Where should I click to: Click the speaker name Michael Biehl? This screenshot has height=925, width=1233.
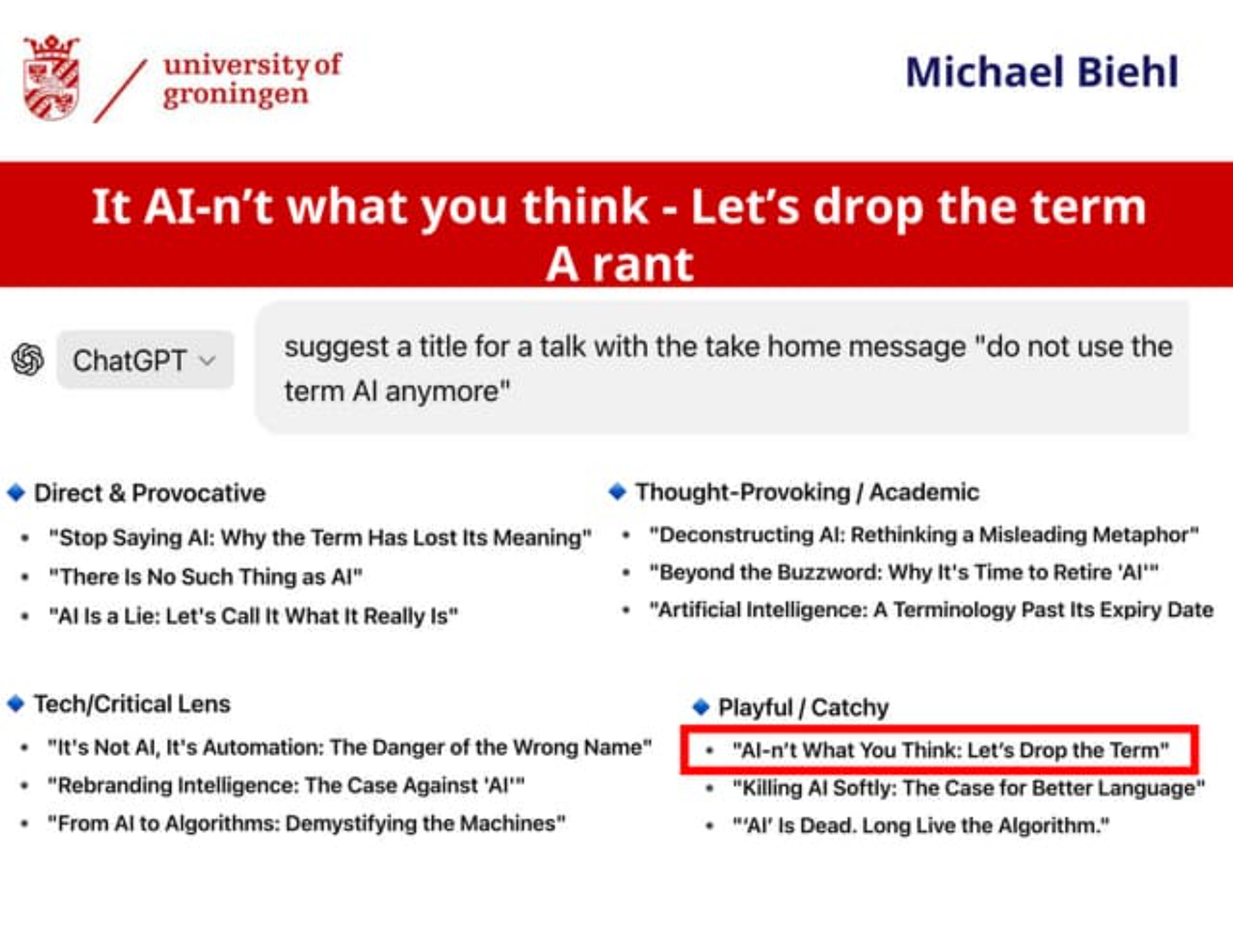click(x=1042, y=72)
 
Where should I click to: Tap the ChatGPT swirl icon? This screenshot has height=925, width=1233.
click(x=28, y=360)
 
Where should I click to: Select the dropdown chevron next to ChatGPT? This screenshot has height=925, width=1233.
click(x=208, y=360)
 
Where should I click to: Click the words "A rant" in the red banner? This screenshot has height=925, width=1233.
click(x=620, y=264)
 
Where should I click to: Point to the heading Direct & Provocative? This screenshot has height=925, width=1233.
click(x=150, y=493)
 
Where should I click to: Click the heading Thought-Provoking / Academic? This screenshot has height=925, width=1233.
click(x=807, y=492)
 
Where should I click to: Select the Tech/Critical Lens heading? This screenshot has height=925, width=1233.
click(x=132, y=704)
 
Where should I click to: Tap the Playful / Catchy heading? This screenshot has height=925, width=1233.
click(x=803, y=707)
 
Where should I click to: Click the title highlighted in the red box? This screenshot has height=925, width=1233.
click(x=951, y=750)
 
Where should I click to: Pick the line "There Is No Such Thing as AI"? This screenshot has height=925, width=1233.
click(x=206, y=577)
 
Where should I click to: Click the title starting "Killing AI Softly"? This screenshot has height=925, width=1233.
click(x=969, y=787)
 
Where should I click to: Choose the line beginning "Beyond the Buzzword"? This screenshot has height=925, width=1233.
click(x=904, y=572)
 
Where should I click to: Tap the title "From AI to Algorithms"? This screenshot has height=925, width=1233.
click(x=307, y=823)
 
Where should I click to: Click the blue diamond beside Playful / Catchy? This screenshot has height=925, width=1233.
click(x=701, y=707)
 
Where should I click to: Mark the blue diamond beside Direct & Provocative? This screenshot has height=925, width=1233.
click(x=16, y=493)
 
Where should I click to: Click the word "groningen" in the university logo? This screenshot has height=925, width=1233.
click(x=236, y=96)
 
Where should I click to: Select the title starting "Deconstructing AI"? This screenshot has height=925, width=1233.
click(x=924, y=535)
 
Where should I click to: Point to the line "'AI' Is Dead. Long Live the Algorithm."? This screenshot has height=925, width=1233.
click(x=921, y=825)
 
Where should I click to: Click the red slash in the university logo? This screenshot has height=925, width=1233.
click(x=120, y=91)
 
